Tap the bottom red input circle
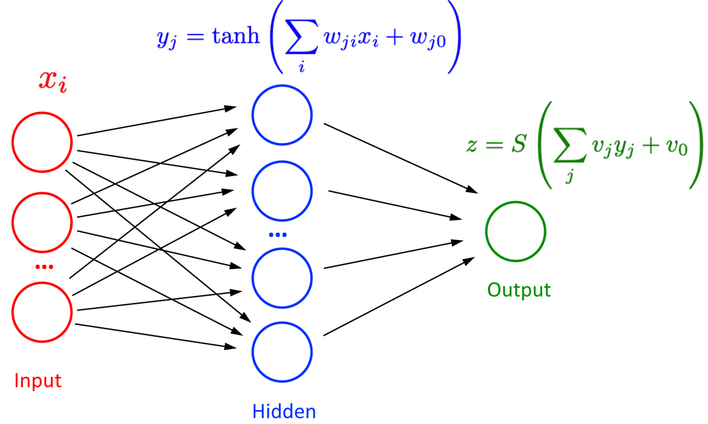click(x=42, y=311)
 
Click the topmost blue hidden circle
click(x=282, y=116)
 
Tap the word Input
click(x=38, y=380)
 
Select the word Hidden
click(x=284, y=411)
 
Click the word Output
click(x=519, y=290)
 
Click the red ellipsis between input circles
click(x=44, y=267)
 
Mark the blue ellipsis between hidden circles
click(x=277, y=235)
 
